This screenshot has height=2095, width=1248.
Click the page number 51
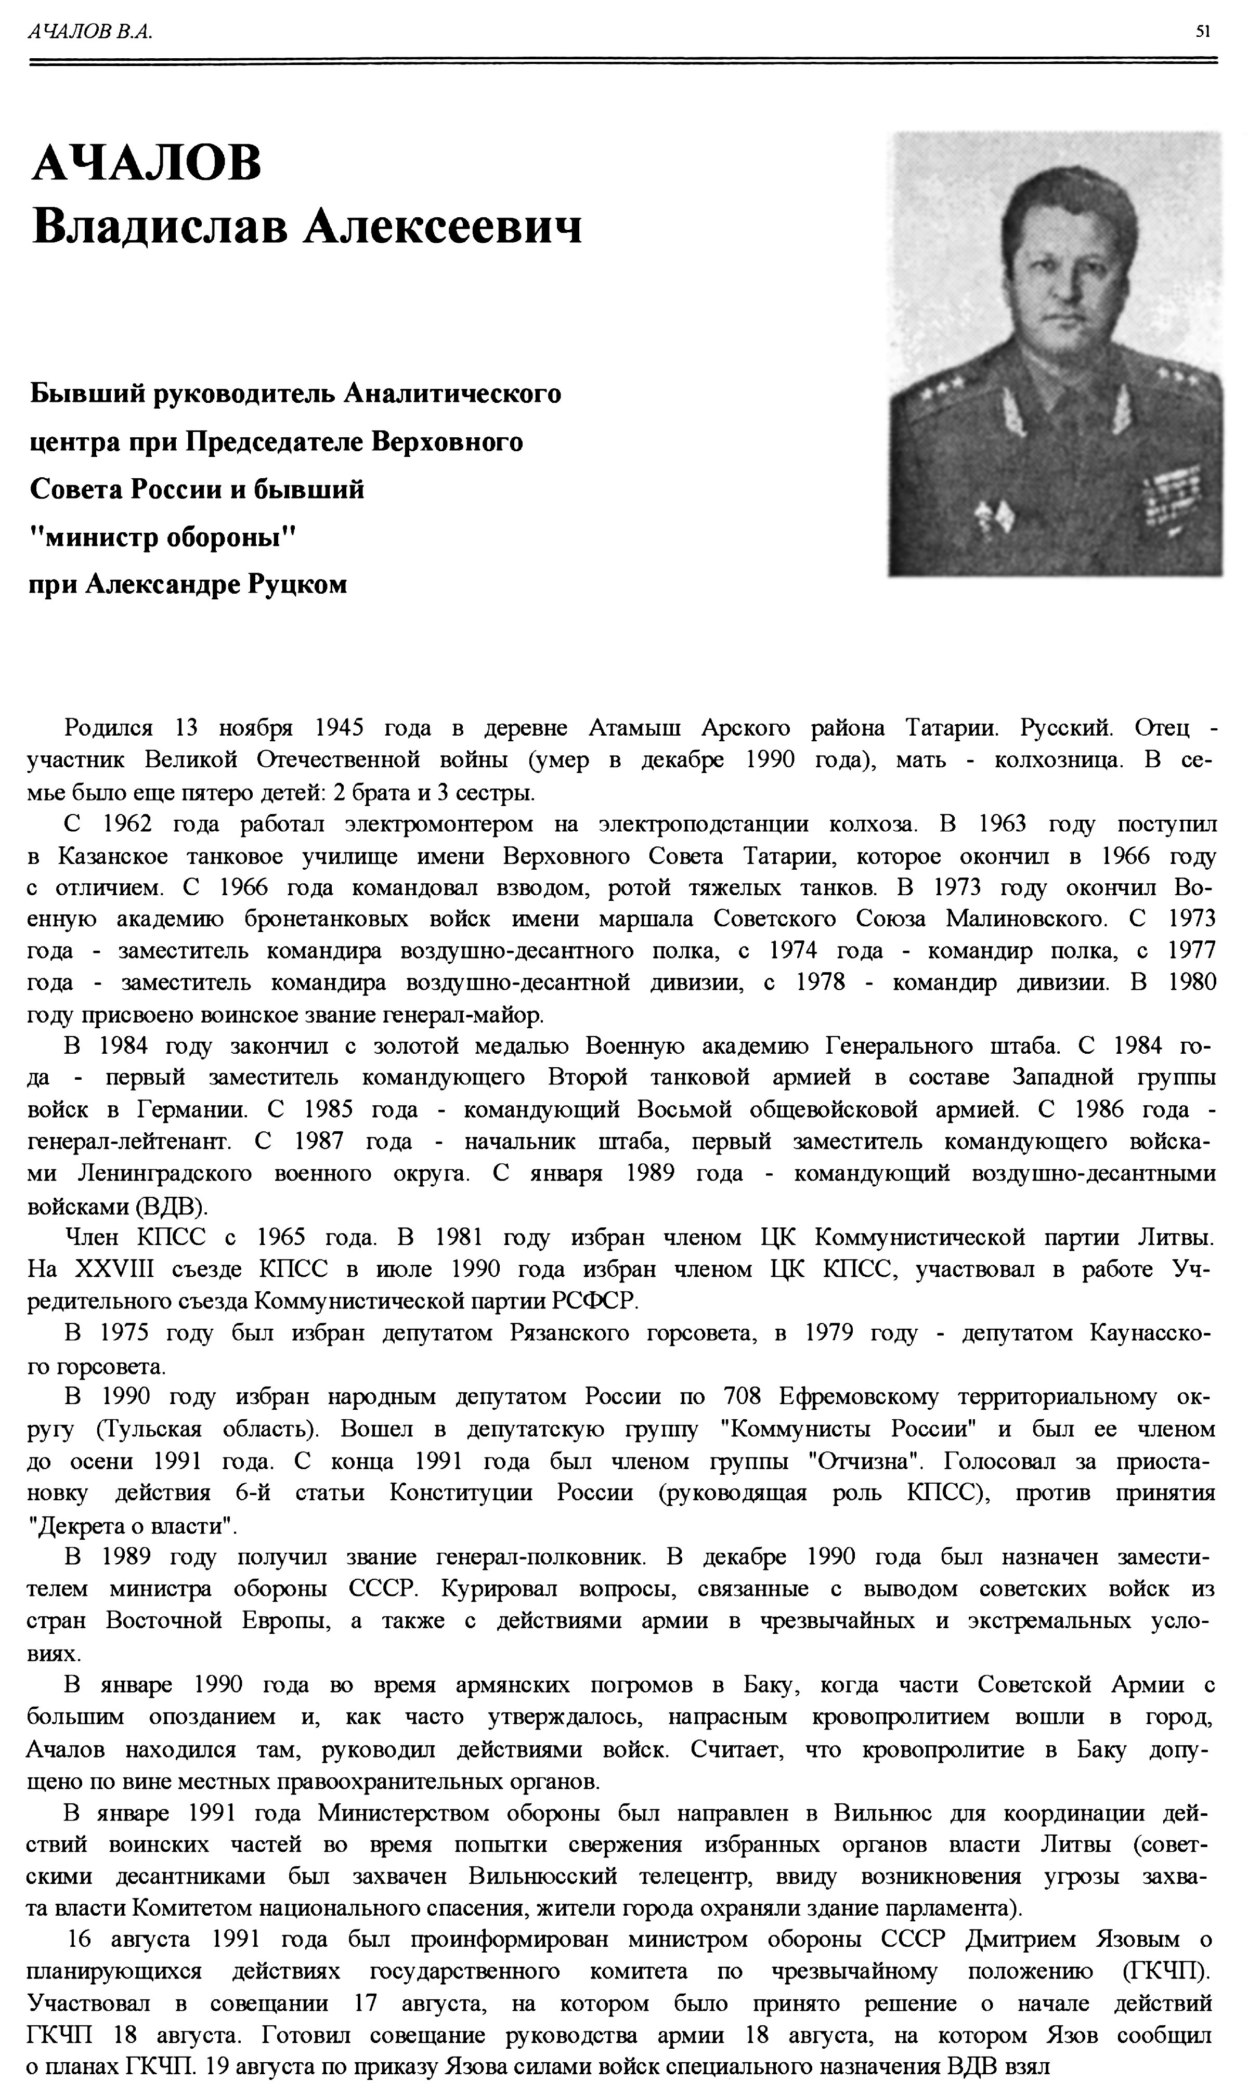click(1203, 32)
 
